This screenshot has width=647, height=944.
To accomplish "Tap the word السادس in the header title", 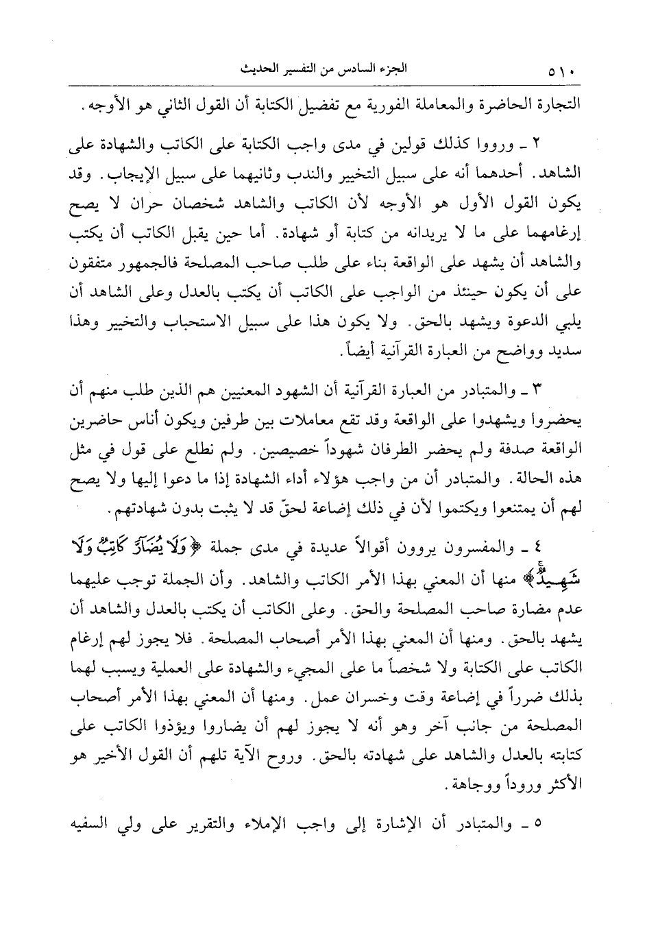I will [363, 69].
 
